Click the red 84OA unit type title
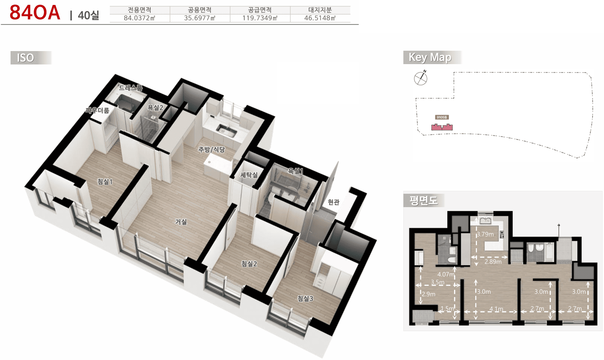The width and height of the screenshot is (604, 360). pyautogui.click(x=34, y=13)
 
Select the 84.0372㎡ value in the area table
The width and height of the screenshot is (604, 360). pyautogui.click(x=139, y=18)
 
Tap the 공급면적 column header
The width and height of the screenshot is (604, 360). pyautogui.click(x=260, y=10)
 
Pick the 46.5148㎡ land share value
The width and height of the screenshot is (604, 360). pyautogui.click(x=320, y=18)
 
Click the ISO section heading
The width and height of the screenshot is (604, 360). pyautogui.click(x=26, y=58)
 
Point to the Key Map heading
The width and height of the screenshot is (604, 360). pyautogui.click(x=430, y=57)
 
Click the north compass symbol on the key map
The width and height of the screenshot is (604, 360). pyautogui.click(x=421, y=78)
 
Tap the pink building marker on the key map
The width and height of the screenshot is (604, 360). pyautogui.click(x=442, y=127)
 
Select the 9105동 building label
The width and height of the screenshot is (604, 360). pyautogui.click(x=442, y=117)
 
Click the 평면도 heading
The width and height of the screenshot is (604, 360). pyautogui.click(x=423, y=200)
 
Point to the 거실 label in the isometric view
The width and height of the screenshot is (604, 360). pyautogui.click(x=181, y=222)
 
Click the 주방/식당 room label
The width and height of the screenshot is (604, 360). pyautogui.click(x=211, y=150)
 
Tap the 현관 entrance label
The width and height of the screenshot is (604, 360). pyautogui.click(x=333, y=202)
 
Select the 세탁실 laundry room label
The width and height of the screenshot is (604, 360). pyautogui.click(x=249, y=175)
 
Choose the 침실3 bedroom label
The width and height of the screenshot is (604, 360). pyautogui.click(x=305, y=299)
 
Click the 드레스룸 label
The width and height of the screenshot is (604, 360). pyautogui.click(x=130, y=88)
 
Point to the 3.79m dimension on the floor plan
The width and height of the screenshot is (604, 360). pyautogui.click(x=485, y=234)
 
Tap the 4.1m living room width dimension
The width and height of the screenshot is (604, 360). pyautogui.click(x=496, y=309)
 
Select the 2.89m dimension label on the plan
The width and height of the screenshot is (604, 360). pyautogui.click(x=493, y=262)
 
